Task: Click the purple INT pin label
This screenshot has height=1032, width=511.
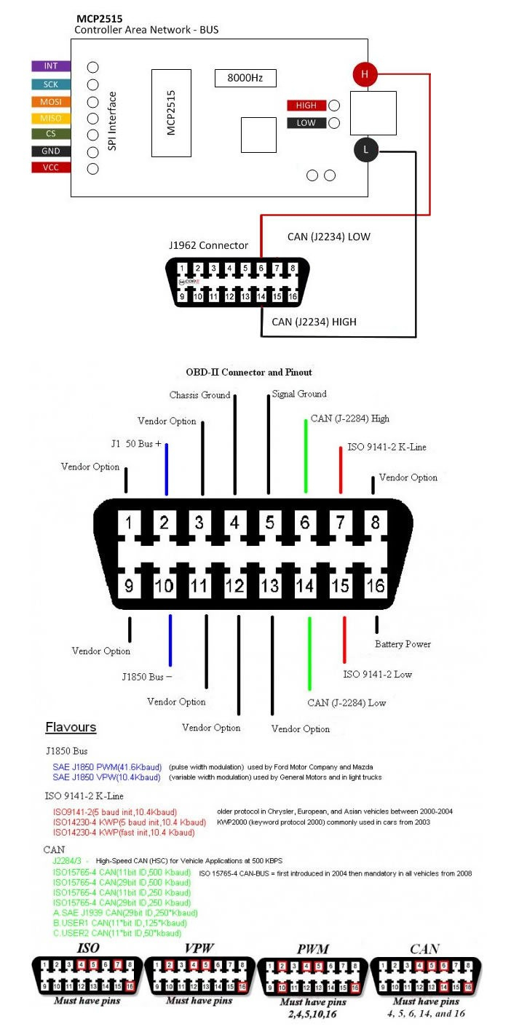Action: (x=51, y=66)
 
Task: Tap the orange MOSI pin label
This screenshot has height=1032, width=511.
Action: (x=51, y=101)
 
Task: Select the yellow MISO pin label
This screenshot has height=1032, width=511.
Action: (x=51, y=118)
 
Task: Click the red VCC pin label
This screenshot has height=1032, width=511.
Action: (x=51, y=168)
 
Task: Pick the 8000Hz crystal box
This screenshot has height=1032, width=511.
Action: (x=245, y=78)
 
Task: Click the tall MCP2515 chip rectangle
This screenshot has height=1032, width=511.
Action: (x=171, y=113)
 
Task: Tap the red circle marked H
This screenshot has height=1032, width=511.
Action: (x=365, y=74)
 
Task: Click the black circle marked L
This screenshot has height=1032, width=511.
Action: (x=365, y=151)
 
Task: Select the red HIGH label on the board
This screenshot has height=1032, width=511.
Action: (x=306, y=106)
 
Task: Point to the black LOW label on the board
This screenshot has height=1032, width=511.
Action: (x=306, y=123)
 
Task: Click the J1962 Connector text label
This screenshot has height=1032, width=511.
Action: (x=209, y=245)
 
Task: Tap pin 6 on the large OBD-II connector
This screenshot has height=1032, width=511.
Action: (x=305, y=523)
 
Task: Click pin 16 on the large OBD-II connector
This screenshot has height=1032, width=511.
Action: (x=376, y=586)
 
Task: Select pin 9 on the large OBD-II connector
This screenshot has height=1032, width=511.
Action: (x=129, y=586)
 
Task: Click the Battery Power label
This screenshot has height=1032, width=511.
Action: (x=403, y=644)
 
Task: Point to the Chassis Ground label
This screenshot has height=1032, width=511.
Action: (x=199, y=395)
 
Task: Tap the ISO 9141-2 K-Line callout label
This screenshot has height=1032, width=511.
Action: (x=387, y=447)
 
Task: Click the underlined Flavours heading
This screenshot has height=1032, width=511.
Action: (x=71, y=727)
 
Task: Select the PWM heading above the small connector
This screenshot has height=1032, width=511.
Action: (x=314, y=948)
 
